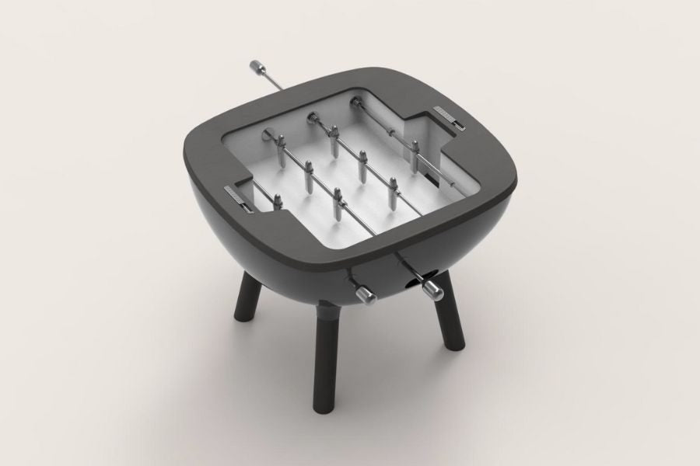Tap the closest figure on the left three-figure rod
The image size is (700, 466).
339,200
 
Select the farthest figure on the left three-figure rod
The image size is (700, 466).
281,147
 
